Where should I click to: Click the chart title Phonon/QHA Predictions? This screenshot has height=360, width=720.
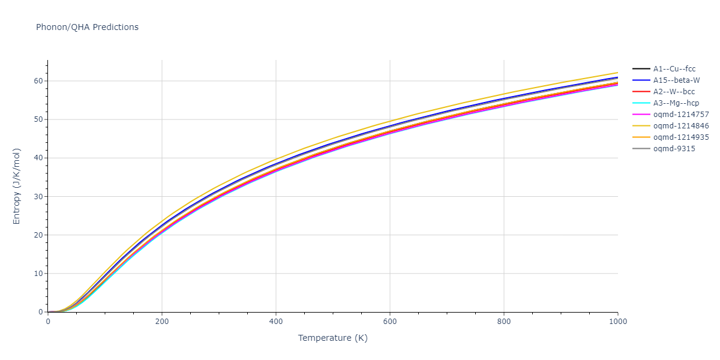click(x=87, y=27)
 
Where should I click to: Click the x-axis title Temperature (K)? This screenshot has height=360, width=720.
click(x=333, y=338)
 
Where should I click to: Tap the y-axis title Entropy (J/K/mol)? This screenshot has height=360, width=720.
click(x=17, y=186)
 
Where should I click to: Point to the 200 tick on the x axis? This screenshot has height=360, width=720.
click(x=162, y=322)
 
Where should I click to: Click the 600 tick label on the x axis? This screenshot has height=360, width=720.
click(x=390, y=322)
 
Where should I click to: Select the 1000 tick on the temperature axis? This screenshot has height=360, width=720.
click(x=618, y=322)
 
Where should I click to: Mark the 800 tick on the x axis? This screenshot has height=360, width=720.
click(x=504, y=322)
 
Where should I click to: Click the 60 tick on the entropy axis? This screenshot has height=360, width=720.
click(x=38, y=81)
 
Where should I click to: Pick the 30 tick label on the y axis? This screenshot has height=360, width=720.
click(x=38, y=197)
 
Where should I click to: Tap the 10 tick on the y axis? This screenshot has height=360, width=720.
click(x=38, y=274)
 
